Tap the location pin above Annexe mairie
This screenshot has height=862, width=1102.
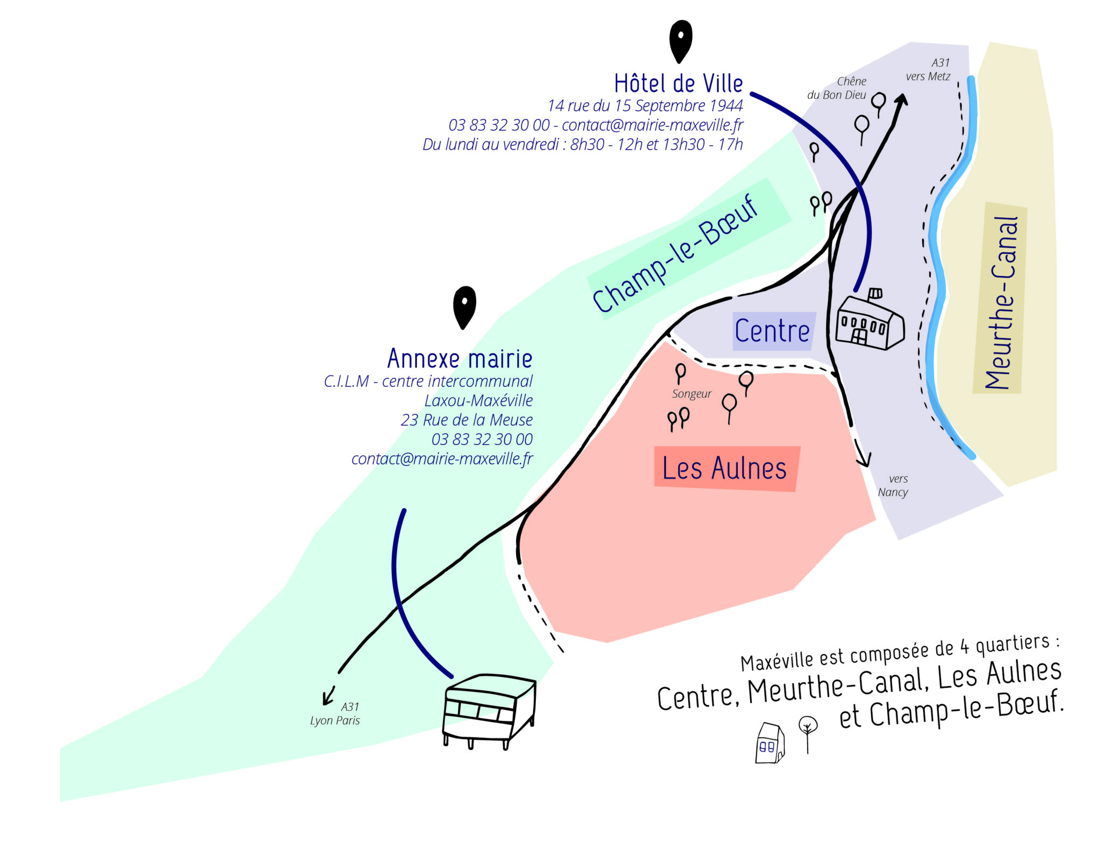(464, 305)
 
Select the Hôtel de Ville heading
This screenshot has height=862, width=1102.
(678, 83)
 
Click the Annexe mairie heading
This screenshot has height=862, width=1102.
(460, 358)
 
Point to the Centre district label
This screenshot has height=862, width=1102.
(772, 331)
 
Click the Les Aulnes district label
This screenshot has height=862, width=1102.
(724, 468)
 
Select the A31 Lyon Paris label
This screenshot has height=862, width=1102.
(336, 713)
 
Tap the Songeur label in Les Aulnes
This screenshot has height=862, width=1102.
(691, 394)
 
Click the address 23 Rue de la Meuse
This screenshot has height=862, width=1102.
(467, 420)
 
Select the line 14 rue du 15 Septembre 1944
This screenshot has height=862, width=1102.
(645, 105)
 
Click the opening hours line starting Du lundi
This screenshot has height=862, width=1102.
(582, 144)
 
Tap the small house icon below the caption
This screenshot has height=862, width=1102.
(769, 744)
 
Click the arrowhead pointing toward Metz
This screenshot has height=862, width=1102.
(902, 99)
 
